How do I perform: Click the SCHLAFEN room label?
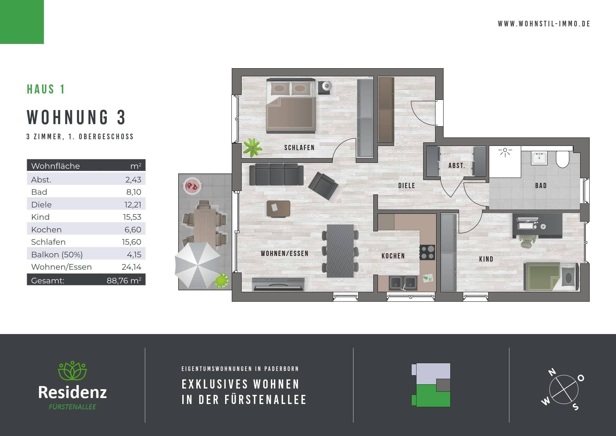[x=299, y=148]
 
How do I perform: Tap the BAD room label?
[x=541, y=186]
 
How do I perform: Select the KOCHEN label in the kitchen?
[x=393, y=256]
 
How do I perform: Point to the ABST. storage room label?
[x=457, y=166]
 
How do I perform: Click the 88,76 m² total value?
[x=124, y=281]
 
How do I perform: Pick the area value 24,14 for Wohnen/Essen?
[x=131, y=267]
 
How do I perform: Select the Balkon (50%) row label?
[x=57, y=255]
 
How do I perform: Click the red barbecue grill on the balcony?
[x=192, y=185]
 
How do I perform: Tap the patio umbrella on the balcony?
[x=198, y=264]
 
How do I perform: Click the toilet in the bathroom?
[x=563, y=160]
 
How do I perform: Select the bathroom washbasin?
[x=539, y=158]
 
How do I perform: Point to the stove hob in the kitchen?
[x=427, y=252]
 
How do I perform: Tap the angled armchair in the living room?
[x=323, y=186]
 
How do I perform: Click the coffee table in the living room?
[x=278, y=209]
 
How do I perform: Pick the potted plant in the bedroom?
[x=252, y=147]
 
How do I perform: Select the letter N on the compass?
[x=552, y=372]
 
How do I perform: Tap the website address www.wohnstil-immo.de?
[x=544, y=24]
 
